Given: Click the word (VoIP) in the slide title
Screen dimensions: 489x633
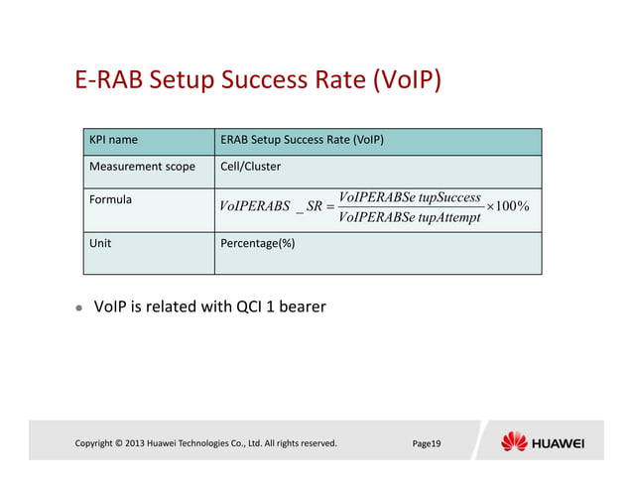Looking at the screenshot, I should (x=406, y=80).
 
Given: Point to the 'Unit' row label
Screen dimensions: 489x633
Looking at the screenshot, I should (x=101, y=242).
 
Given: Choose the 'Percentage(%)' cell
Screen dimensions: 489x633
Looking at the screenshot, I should (x=258, y=242).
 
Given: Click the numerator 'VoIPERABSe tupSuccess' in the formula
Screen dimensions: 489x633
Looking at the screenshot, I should (x=409, y=197).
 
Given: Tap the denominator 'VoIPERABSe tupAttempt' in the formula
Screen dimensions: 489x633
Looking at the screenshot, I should (x=409, y=217).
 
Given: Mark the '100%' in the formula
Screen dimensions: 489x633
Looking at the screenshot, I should (x=514, y=206).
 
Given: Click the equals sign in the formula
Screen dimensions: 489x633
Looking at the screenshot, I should (x=329, y=207).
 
